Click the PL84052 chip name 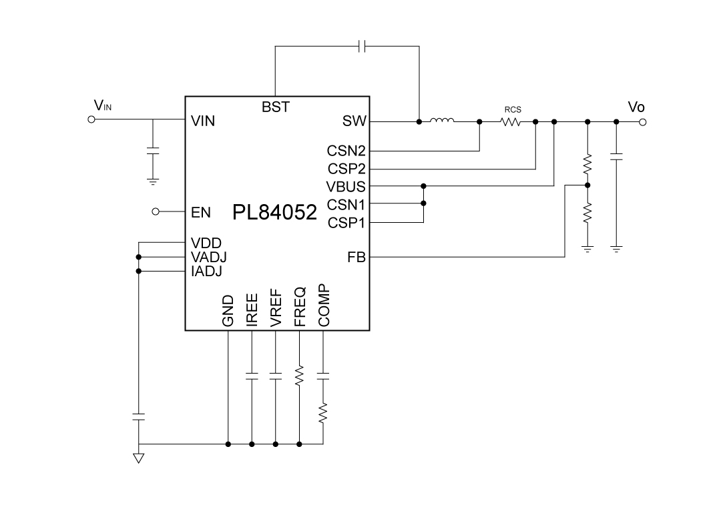274,213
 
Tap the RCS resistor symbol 511,122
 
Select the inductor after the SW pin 442,121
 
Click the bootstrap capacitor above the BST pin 361,46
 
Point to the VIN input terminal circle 92,120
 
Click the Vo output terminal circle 642,122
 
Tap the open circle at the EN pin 156,212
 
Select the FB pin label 356,257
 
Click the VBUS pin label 346,187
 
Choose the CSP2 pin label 346,169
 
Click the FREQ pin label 300,307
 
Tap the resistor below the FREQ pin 299,375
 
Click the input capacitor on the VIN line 153,151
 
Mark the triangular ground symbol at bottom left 139,458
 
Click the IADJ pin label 206,272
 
